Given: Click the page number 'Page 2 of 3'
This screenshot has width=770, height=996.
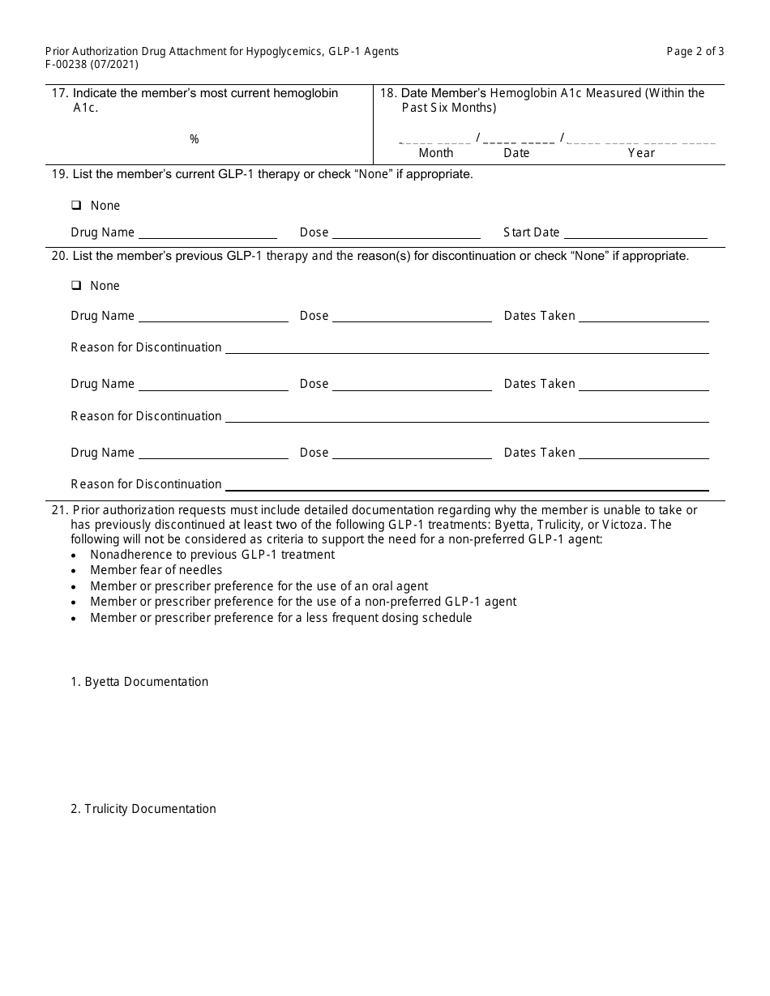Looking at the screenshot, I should [695, 51].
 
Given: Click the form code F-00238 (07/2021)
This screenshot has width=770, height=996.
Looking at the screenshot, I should [92, 64].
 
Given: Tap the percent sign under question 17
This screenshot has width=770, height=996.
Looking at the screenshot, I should [194, 139].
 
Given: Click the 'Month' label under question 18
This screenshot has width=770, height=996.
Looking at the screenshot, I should [436, 153].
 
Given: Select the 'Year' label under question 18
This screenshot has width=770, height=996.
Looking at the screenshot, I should [641, 153].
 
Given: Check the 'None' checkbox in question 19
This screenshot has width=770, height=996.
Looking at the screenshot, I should [76, 206].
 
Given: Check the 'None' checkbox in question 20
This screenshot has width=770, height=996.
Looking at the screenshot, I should [76, 286].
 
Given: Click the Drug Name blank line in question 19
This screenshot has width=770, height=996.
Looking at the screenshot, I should [207, 235].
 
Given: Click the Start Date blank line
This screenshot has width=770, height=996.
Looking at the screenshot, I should [635, 235].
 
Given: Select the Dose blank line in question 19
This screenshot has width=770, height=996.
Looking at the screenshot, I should [405, 235].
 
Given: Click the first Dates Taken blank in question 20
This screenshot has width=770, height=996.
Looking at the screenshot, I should [644, 318].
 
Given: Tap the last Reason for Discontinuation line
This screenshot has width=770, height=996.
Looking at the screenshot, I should [466, 487].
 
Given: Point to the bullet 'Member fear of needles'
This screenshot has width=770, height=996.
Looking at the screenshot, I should [156, 570].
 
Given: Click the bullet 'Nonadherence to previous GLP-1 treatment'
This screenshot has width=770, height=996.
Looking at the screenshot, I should [212, 555].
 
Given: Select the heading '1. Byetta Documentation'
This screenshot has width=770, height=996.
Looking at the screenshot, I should [139, 682].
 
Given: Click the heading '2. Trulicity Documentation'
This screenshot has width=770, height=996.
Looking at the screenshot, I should [143, 809].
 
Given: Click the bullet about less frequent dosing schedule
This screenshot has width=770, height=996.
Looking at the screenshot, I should [280, 618].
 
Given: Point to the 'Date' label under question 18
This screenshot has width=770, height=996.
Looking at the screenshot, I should [516, 153].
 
